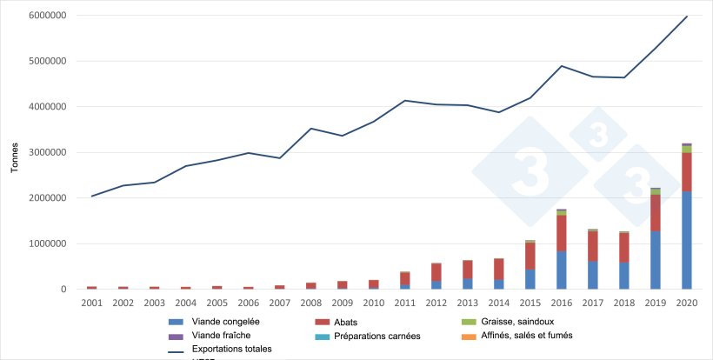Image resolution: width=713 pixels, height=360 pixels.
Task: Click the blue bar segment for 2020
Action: pyautogui.click(x=686, y=240)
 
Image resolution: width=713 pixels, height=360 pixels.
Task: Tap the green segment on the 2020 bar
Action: pyautogui.click(x=686, y=149)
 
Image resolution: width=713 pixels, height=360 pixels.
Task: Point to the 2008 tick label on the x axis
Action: pyautogui.click(x=310, y=302)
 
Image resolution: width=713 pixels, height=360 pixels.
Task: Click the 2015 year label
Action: pyautogui.click(x=530, y=302)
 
